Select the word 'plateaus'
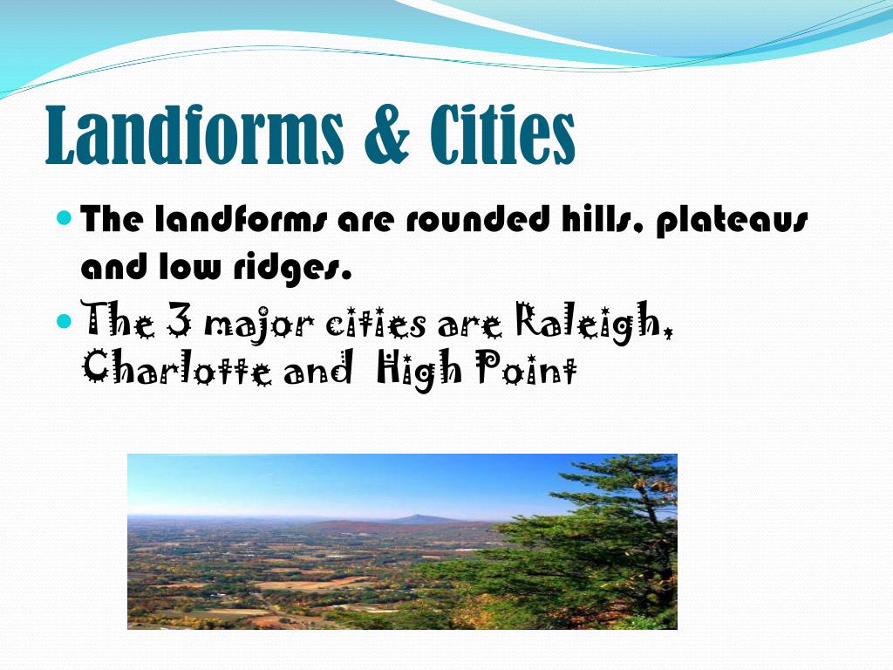[732, 222]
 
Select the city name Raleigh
[595, 325]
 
